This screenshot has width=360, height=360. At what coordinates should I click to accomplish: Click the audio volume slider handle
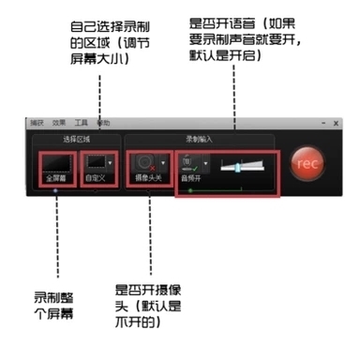(x=238, y=166)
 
